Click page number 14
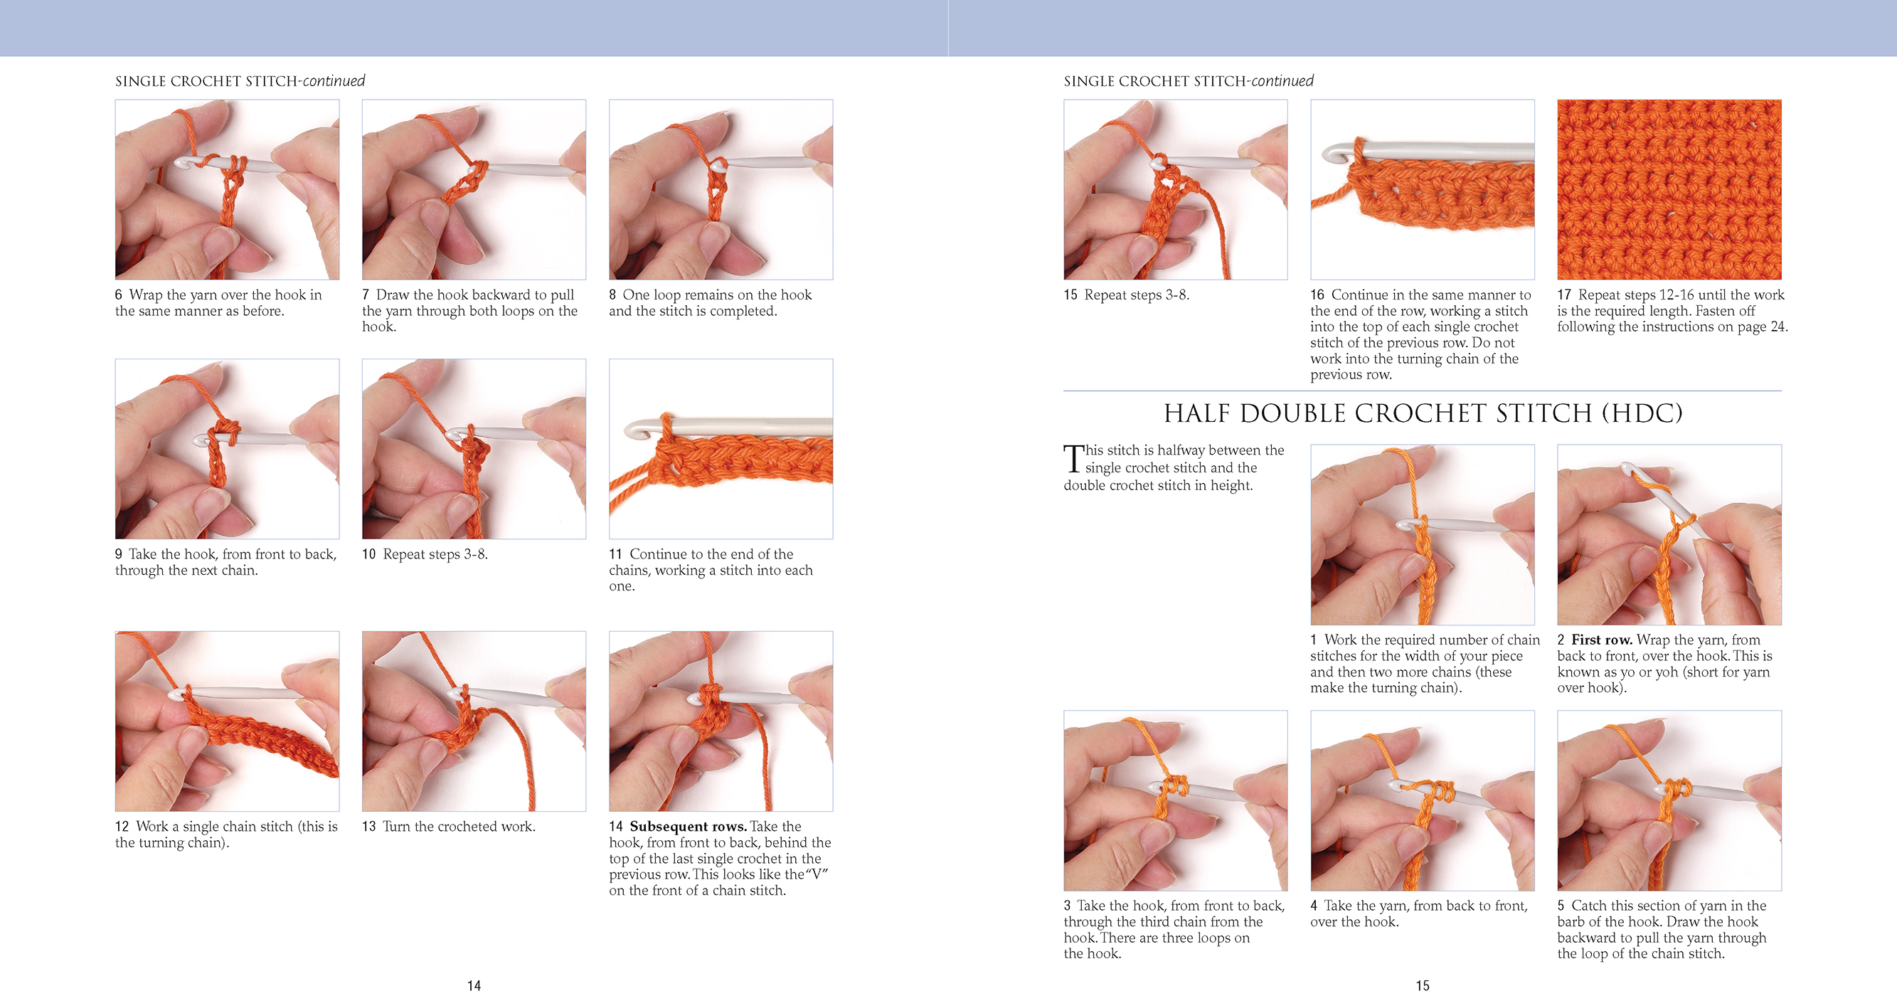[474, 985]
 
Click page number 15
[1422, 985]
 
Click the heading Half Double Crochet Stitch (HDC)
[1423, 413]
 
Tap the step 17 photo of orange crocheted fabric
[1669, 189]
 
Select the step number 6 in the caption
[119, 295]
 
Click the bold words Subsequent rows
[688, 826]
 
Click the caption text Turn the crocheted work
[458, 826]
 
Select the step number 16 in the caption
[1317, 295]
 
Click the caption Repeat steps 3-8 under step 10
[435, 554]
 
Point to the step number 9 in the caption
[119, 554]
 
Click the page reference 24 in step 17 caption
[1778, 327]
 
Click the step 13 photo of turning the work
[474, 721]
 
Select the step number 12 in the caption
[122, 826]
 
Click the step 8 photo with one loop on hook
[721, 189]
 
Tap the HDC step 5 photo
[1669, 800]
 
